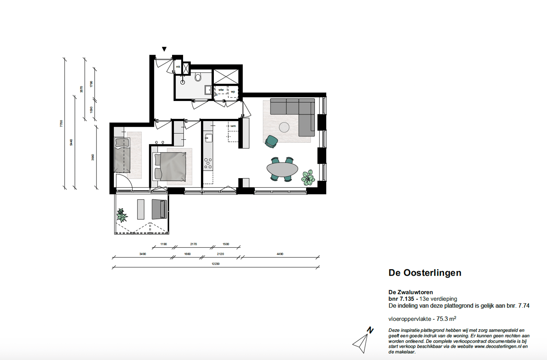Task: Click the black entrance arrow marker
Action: pos(164,49)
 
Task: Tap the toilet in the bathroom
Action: pos(198,77)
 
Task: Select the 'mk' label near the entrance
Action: pos(178,67)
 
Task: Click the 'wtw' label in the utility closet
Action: pos(221,90)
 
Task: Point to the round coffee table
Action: pos(284,127)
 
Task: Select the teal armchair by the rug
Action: pos(272,141)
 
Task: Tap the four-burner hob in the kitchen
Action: pos(208,163)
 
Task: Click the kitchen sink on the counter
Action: pos(209,138)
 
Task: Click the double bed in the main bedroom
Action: pos(170,166)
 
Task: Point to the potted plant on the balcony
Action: pos(122,215)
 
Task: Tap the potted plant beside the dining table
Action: pos(308,177)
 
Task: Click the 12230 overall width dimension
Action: pos(215,264)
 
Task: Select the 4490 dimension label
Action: pos(280,254)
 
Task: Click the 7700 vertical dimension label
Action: pos(61,123)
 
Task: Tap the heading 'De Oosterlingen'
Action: pos(425,273)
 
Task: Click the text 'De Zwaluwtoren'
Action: pos(411,292)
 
